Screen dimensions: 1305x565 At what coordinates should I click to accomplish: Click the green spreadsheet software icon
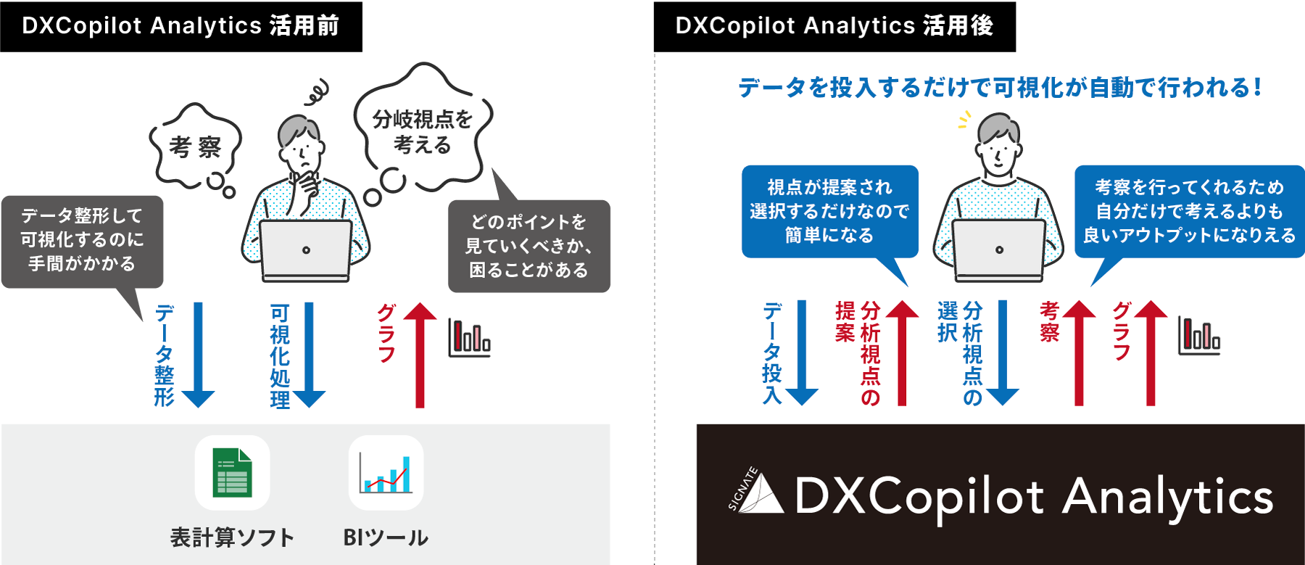(x=232, y=473)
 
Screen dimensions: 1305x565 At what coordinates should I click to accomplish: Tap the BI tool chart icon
(x=386, y=473)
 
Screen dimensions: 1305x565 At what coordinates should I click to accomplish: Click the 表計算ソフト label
(x=232, y=537)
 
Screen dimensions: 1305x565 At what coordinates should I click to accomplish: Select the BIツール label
(x=386, y=537)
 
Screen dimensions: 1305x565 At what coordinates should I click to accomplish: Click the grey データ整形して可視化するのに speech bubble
(x=82, y=240)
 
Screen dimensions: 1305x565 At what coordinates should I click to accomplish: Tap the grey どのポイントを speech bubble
(x=529, y=246)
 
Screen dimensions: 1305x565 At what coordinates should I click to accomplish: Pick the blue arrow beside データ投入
(x=801, y=352)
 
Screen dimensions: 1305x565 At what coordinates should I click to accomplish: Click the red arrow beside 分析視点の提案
(x=902, y=352)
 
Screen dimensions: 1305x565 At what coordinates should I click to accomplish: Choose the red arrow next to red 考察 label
(x=1079, y=352)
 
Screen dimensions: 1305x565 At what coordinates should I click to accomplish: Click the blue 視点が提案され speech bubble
(x=829, y=211)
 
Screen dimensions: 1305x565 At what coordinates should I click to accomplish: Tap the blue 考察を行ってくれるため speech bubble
(x=1189, y=211)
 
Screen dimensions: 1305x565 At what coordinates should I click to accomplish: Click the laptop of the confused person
(x=306, y=251)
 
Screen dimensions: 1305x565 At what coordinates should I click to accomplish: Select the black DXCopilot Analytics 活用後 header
(x=834, y=26)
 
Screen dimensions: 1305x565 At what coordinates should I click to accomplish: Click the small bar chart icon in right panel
(x=1199, y=337)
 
